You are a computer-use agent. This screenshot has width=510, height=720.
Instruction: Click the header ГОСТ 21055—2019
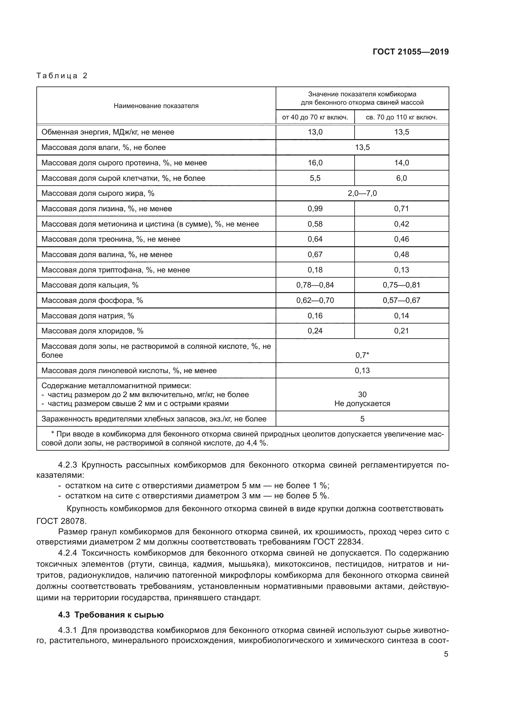[x=410, y=52]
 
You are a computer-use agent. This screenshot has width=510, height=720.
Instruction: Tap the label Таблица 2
[x=62, y=76]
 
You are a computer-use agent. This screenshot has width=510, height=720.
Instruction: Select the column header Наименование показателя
[x=156, y=106]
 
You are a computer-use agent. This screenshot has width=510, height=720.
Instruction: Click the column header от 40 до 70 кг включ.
[x=315, y=117]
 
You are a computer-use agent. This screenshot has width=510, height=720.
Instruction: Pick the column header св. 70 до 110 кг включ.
[x=401, y=117]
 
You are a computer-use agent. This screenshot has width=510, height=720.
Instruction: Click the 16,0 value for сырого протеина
[x=315, y=163]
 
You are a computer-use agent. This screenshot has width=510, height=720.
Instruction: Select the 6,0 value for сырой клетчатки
[x=401, y=178]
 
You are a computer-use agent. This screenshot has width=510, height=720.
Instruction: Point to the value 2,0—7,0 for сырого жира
[x=362, y=193]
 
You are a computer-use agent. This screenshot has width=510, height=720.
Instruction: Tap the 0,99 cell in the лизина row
[x=315, y=208]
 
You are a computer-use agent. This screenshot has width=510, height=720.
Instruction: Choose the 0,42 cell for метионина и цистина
[x=401, y=224]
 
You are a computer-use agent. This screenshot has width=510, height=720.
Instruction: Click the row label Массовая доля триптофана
[x=116, y=270]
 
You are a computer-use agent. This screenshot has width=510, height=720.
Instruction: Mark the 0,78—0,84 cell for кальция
[x=315, y=285]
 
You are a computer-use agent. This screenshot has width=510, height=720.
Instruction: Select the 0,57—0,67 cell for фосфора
[x=401, y=300]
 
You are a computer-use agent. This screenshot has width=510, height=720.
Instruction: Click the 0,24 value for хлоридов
[x=315, y=331]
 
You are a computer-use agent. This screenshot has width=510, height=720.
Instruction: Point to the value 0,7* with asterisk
[x=362, y=355]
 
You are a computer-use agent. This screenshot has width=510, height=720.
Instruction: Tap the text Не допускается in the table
[x=362, y=404]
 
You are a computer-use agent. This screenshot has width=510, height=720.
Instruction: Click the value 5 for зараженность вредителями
[x=362, y=419]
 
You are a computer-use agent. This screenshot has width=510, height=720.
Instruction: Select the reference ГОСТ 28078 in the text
[x=61, y=521]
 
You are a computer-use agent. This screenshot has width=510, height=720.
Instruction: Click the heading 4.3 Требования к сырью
[x=111, y=615]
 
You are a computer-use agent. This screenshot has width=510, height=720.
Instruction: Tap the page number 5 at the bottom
[x=446, y=654]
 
